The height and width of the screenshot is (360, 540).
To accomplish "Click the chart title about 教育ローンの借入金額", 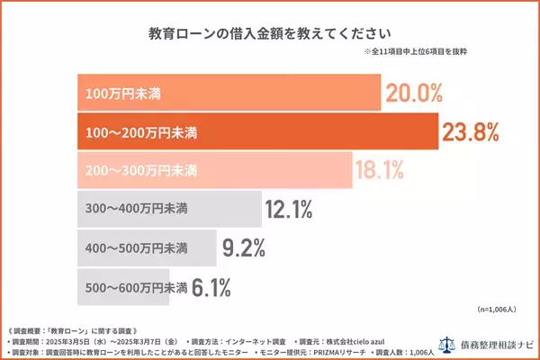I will tap(269, 34).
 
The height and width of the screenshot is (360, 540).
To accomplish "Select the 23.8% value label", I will tap(469, 132).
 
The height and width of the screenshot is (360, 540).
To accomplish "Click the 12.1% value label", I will tap(289, 211).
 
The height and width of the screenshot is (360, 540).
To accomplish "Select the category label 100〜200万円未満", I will tap(141, 133).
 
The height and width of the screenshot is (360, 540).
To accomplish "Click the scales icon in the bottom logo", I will tap(441, 344).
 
